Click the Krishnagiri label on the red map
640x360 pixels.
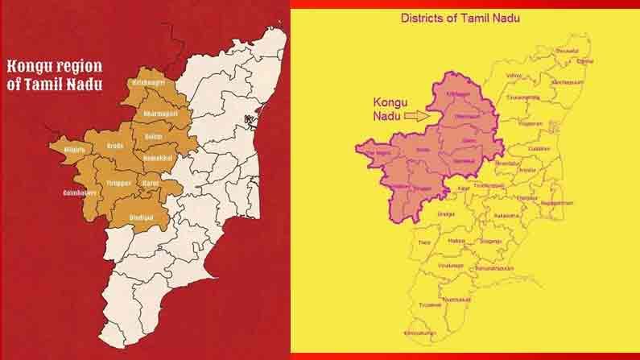[x=145, y=83]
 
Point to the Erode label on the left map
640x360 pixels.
[x=116, y=147]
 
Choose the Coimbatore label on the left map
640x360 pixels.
[x=80, y=193]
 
